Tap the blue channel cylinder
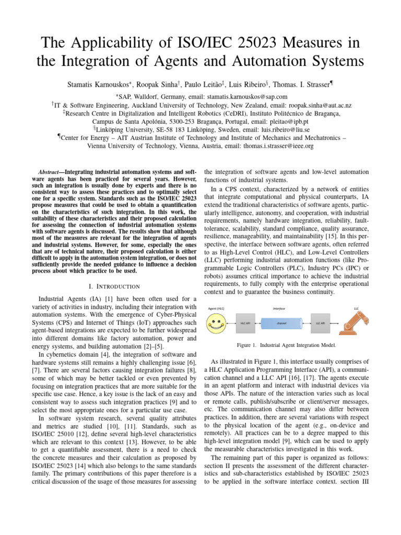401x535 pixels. coord(282,323)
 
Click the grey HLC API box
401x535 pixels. coord(246,323)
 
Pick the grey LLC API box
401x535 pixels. coord(320,323)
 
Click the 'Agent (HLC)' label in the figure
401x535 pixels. coord(216,309)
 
